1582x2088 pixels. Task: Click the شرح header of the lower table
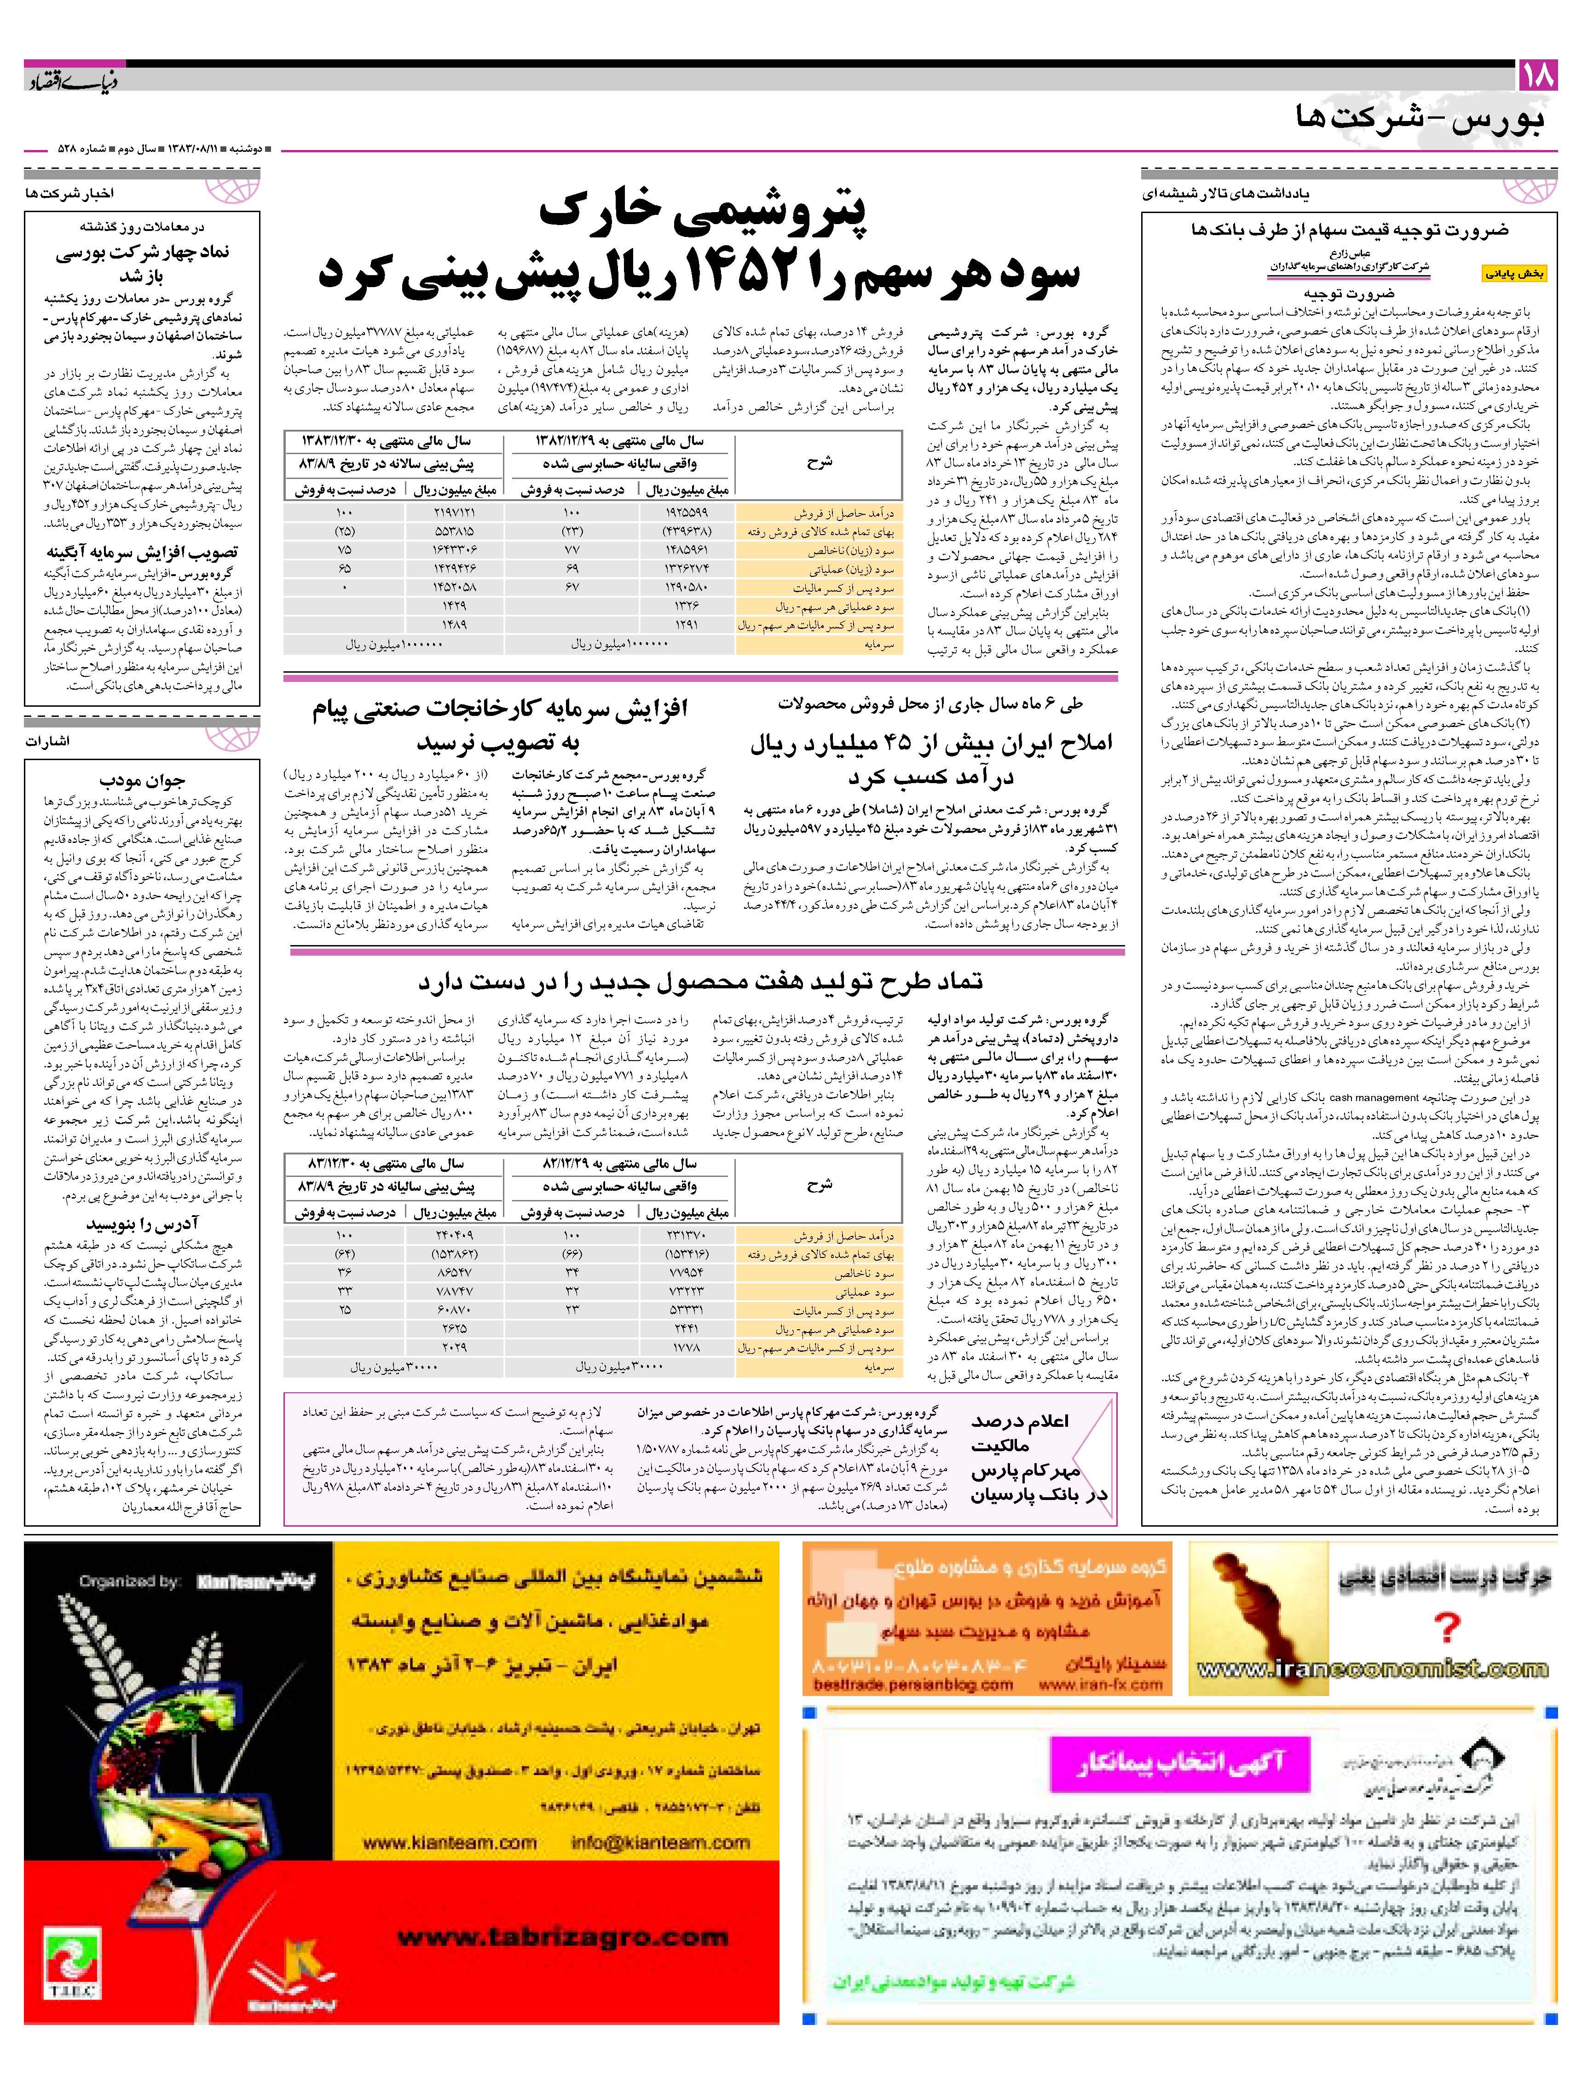coord(820,1186)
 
